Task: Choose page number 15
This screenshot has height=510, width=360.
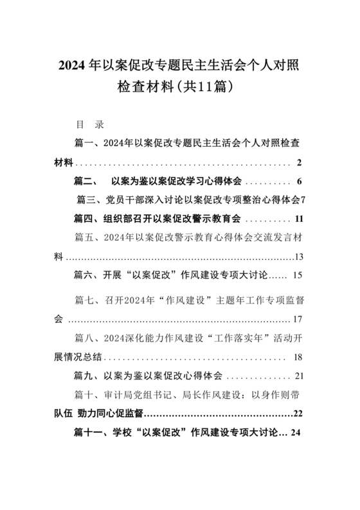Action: coord(297,276)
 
